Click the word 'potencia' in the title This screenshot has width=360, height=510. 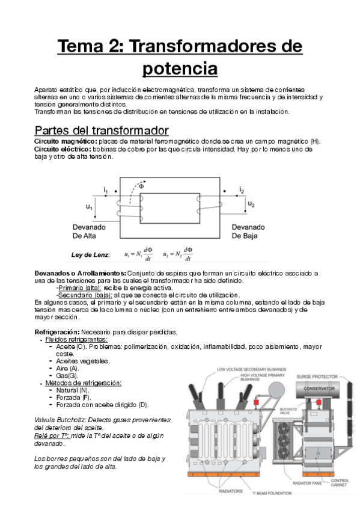180,68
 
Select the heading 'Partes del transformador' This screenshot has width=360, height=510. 102,130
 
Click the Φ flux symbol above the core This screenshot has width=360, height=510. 141,186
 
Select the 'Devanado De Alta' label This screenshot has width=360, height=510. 90,232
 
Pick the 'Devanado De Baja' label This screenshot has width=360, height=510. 253,232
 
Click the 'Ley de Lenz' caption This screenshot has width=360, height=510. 90,255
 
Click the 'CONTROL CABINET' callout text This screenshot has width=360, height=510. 339,483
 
